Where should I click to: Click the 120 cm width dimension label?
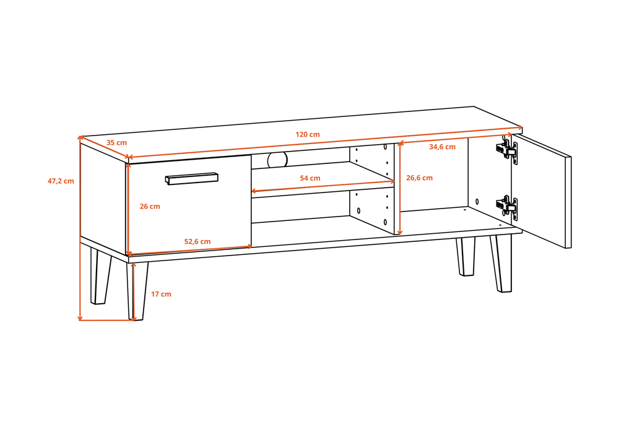coord(307,134)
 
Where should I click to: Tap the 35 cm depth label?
coord(116,142)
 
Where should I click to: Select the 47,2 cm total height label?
coord(61,181)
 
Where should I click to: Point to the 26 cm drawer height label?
coord(150,207)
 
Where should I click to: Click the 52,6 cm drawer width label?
coord(198,241)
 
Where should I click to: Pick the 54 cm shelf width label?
coord(310,178)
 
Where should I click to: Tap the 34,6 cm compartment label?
coord(442,147)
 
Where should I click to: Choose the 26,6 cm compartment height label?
coord(419,178)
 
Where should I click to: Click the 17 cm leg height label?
coord(161,294)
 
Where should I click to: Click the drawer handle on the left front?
coord(192,179)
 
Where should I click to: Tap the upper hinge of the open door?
coord(507,150)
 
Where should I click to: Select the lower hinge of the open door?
coord(507,207)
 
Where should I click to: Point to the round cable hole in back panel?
coord(277,160)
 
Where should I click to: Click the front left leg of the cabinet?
coord(137,291)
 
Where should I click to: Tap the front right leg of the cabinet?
coord(502,263)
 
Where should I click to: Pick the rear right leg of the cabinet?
coord(466,257)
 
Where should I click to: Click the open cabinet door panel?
coord(542,191)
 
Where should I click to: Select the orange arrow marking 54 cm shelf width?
coord(323,186)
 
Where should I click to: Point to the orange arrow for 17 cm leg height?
coord(134,291)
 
